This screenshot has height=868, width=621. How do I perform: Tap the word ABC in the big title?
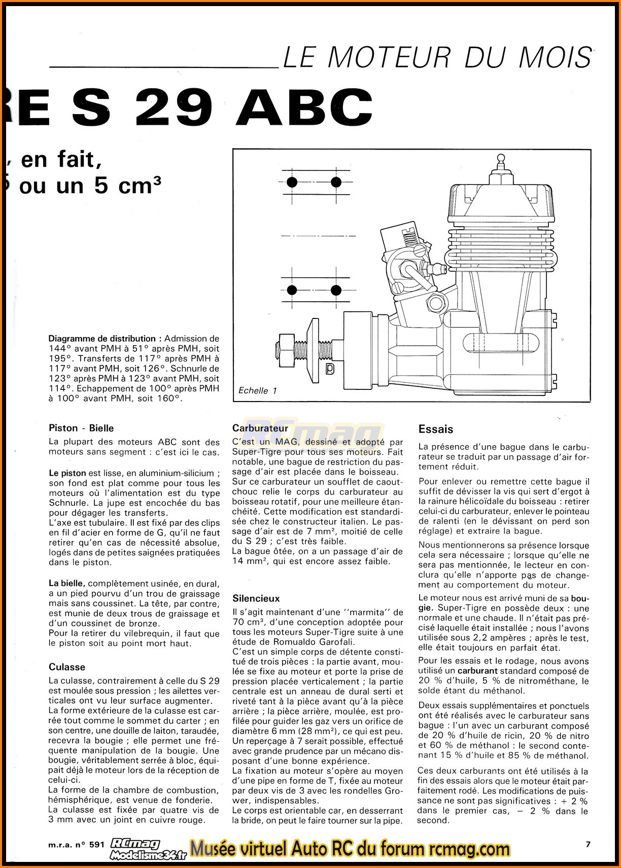coord(304,107)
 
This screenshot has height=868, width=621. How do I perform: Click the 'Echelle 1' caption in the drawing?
coord(258,390)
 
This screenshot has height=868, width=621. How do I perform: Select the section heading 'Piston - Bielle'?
coord(81,428)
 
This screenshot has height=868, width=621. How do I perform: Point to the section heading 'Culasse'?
coord(67,667)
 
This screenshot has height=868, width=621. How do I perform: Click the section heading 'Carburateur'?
coord(260,428)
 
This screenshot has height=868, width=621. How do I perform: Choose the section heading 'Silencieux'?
coord(256,598)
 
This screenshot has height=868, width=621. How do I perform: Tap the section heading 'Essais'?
coord(436,429)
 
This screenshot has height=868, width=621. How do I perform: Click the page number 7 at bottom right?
coord(588,844)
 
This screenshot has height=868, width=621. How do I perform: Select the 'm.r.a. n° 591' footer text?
coord(77,845)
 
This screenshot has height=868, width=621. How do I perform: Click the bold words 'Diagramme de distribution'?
coord(102,339)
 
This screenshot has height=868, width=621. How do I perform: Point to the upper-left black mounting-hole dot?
coord(292,182)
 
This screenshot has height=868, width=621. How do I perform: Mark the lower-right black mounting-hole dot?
coord(336,290)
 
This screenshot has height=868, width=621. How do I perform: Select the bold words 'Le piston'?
coord(67,473)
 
